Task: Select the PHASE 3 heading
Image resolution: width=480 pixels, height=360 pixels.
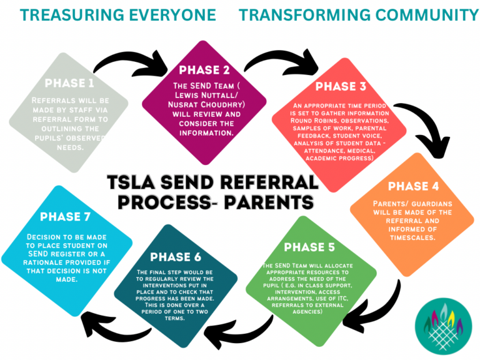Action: (x=342, y=86)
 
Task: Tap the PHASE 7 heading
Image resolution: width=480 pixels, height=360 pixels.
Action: (x=67, y=217)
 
